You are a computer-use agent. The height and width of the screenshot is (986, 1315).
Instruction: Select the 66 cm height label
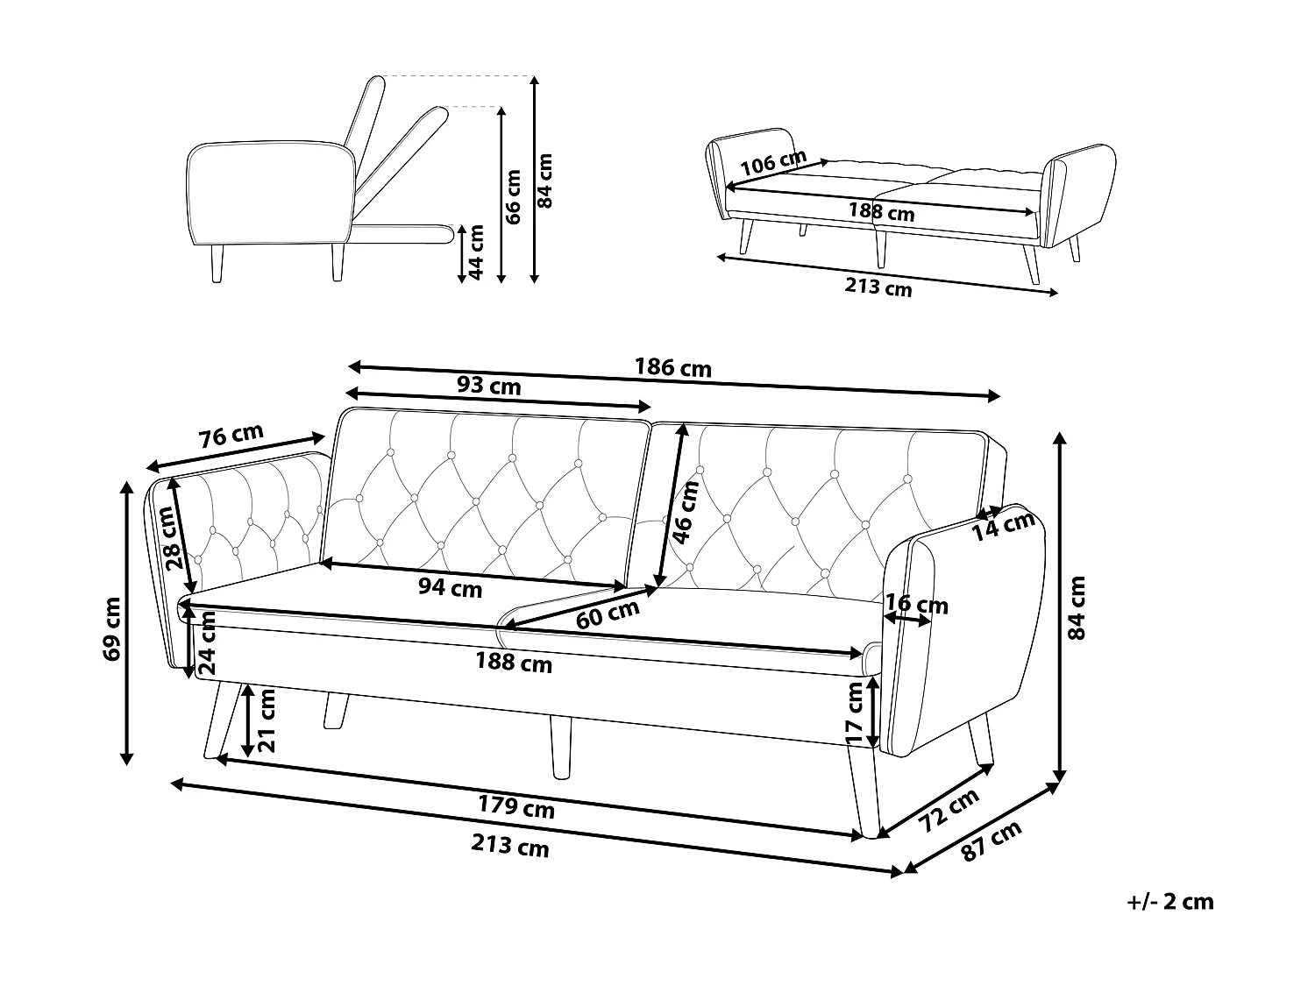tap(514, 195)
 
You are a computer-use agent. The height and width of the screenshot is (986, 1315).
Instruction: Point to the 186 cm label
tap(672, 368)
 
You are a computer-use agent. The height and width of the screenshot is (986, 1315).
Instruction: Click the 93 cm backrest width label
tap(489, 386)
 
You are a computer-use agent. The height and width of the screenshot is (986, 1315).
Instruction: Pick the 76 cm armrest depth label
tap(231, 436)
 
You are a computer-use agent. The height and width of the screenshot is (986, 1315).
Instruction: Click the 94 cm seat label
tap(450, 587)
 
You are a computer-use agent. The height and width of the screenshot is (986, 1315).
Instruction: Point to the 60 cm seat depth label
tap(608, 616)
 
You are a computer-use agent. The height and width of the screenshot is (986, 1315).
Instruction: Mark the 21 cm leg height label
tap(268, 720)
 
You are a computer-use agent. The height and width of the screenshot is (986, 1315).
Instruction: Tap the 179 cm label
tap(516, 806)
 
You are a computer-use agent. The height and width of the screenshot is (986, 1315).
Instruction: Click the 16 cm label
tap(917, 604)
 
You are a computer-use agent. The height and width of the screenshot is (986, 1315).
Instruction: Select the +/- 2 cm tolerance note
tap(1170, 902)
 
